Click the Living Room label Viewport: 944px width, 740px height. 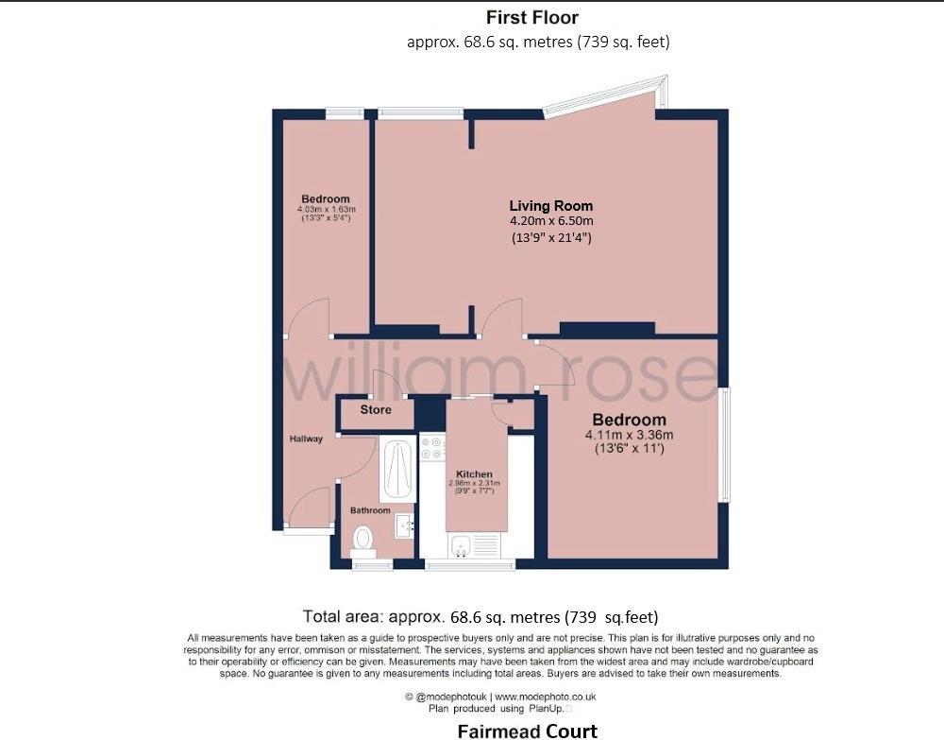click(x=551, y=205)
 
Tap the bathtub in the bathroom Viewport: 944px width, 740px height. click(x=397, y=470)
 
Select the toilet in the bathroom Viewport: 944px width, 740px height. click(x=362, y=540)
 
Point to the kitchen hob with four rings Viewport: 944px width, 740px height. click(x=432, y=449)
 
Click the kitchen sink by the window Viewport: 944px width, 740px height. click(x=463, y=545)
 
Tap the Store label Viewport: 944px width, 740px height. click(x=376, y=410)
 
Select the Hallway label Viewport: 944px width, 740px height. click(x=306, y=439)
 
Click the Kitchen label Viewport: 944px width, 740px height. click(x=474, y=473)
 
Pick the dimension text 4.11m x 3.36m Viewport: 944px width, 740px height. click(x=629, y=435)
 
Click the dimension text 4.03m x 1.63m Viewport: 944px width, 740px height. click(x=326, y=209)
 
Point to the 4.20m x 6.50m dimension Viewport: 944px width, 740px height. click(x=551, y=221)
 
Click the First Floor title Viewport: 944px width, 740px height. click(x=532, y=17)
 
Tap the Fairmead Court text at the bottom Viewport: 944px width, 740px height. click(x=528, y=731)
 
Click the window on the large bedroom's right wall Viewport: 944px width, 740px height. click(x=724, y=444)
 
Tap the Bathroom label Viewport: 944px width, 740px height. click(x=370, y=510)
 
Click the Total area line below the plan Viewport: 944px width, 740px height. click(x=480, y=617)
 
